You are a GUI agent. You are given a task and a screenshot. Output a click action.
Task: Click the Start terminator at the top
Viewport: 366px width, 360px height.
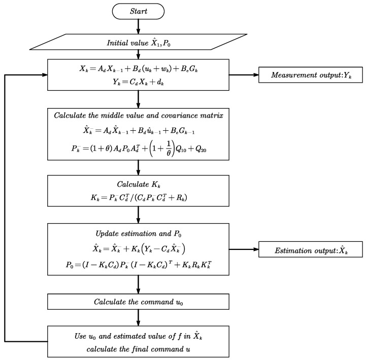[x=139, y=11]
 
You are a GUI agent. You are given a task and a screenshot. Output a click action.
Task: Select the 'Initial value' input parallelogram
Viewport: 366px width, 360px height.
[x=139, y=43]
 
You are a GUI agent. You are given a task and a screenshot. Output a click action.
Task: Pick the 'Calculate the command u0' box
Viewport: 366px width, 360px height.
[x=139, y=301]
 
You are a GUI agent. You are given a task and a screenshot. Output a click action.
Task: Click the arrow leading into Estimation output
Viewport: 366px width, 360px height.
[x=244, y=249]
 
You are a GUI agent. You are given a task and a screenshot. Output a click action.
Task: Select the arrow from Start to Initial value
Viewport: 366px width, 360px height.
[x=139, y=26]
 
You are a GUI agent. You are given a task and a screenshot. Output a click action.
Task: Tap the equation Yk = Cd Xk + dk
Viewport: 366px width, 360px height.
[x=139, y=84]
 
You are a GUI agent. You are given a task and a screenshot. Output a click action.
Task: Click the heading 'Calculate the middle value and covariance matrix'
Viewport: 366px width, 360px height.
[x=139, y=116]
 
